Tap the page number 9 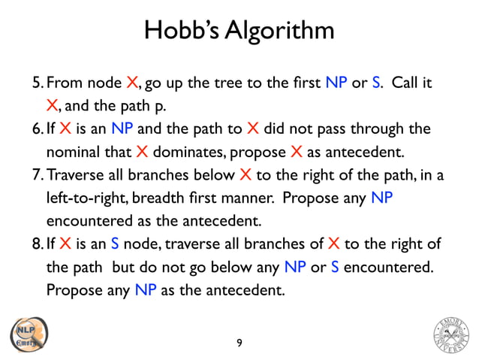(x=239, y=343)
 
